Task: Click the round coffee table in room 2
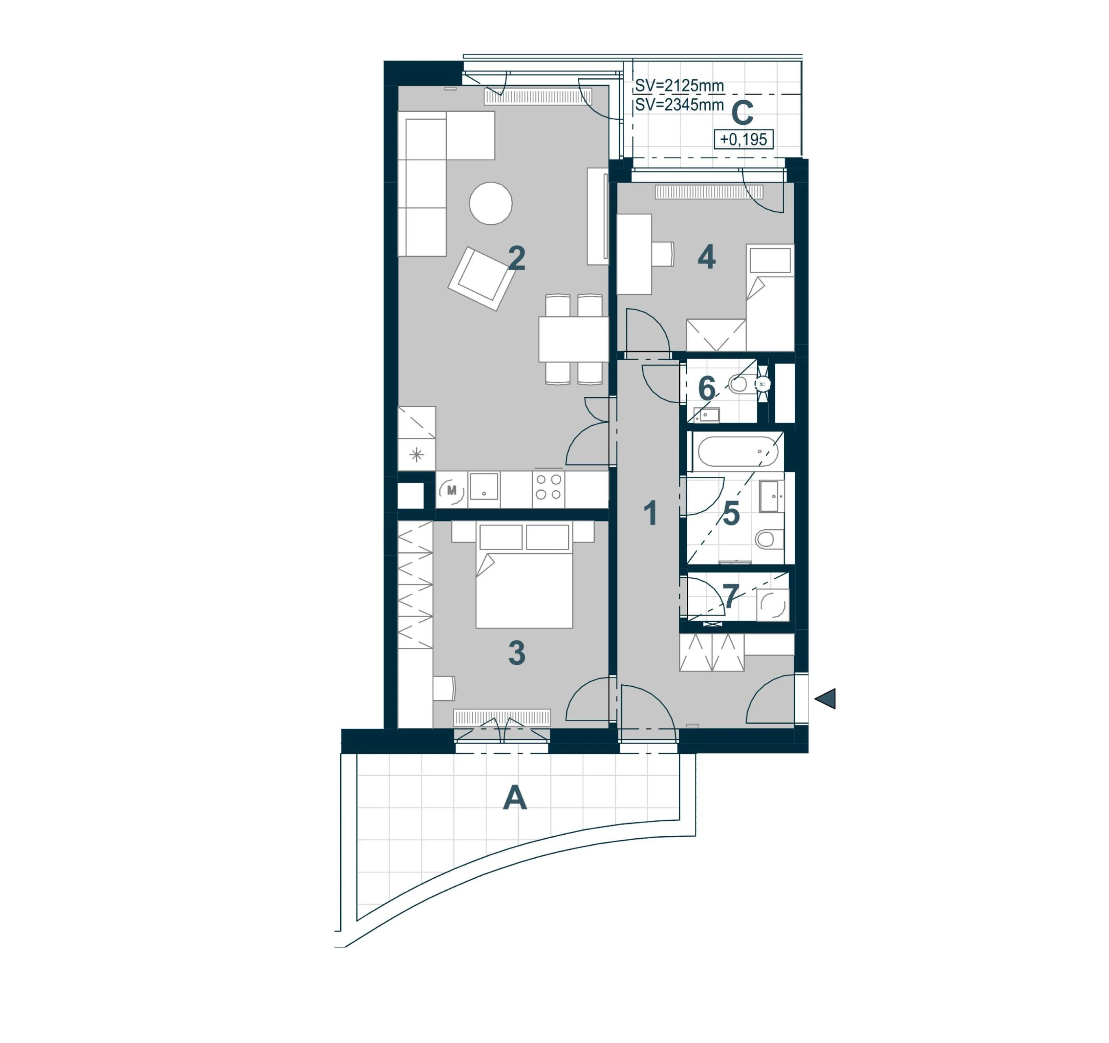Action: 490,203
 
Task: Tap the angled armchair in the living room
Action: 481,278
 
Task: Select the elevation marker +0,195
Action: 744,139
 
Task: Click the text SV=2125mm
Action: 679,86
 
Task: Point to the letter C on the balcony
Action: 742,113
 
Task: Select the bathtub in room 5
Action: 738,451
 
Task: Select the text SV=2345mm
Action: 679,105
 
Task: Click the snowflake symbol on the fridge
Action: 416,455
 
